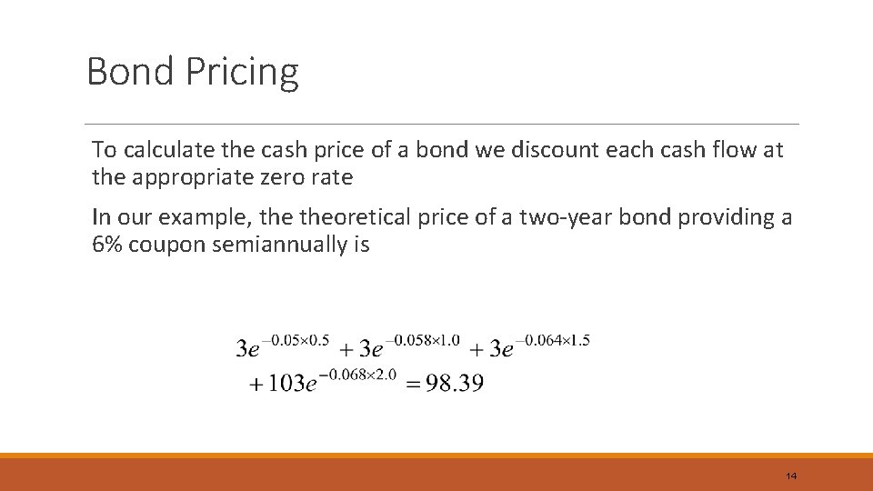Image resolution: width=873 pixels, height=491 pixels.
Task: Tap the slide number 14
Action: point(790,476)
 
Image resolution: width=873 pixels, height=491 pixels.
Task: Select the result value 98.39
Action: point(454,383)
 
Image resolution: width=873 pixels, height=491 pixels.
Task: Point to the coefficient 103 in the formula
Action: point(286,383)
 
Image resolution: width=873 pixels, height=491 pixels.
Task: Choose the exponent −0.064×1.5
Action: point(552,341)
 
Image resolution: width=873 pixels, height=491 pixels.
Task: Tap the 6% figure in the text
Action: point(107,245)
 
